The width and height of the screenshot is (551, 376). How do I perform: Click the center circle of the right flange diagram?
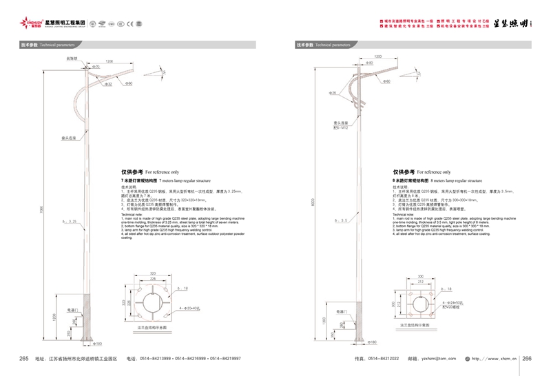tap(420, 302)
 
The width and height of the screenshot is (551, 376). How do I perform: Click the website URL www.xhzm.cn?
tap(501, 358)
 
